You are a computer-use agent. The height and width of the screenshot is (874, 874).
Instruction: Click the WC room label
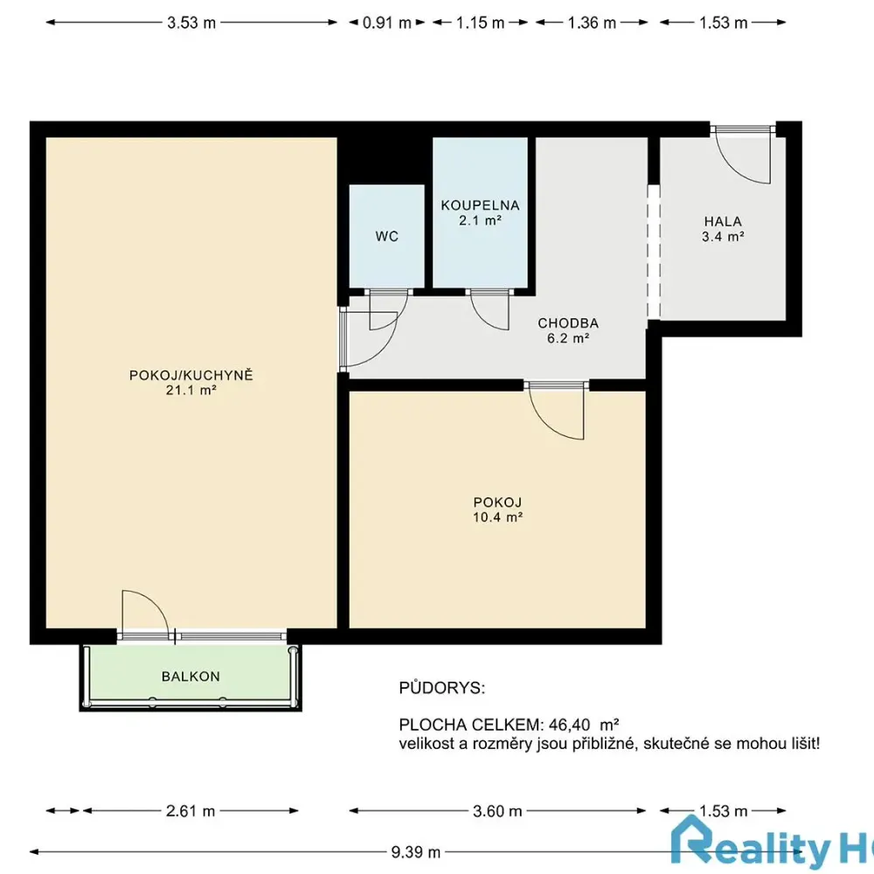pyautogui.click(x=387, y=236)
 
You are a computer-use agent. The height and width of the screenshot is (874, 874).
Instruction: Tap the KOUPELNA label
pyautogui.click(x=480, y=205)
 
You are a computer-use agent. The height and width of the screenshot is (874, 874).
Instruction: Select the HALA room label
pyautogui.click(x=723, y=221)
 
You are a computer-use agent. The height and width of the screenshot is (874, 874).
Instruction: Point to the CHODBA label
pyautogui.click(x=568, y=323)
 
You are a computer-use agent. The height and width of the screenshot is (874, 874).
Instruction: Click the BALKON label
pyautogui.click(x=191, y=676)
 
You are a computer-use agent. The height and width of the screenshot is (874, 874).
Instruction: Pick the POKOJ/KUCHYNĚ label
pyautogui.click(x=191, y=375)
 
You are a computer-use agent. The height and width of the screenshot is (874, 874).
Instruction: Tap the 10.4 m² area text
pyautogui.click(x=498, y=517)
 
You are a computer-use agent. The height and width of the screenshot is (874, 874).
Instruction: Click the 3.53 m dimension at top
pyautogui.click(x=191, y=23)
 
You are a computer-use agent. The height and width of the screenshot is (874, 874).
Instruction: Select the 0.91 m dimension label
pyautogui.click(x=387, y=23)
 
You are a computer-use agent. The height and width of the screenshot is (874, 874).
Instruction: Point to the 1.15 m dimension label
pyautogui.click(x=480, y=23)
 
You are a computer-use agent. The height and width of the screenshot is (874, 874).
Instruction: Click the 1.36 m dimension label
pyautogui.click(x=592, y=23)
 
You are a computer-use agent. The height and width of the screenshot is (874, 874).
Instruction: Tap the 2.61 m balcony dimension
pyautogui.click(x=190, y=810)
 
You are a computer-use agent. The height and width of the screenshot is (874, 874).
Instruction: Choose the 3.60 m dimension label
pyautogui.click(x=497, y=810)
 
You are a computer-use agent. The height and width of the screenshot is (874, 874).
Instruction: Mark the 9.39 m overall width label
pyautogui.click(x=416, y=852)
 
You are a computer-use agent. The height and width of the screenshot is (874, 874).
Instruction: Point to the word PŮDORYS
pyautogui.click(x=442, y=689)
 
